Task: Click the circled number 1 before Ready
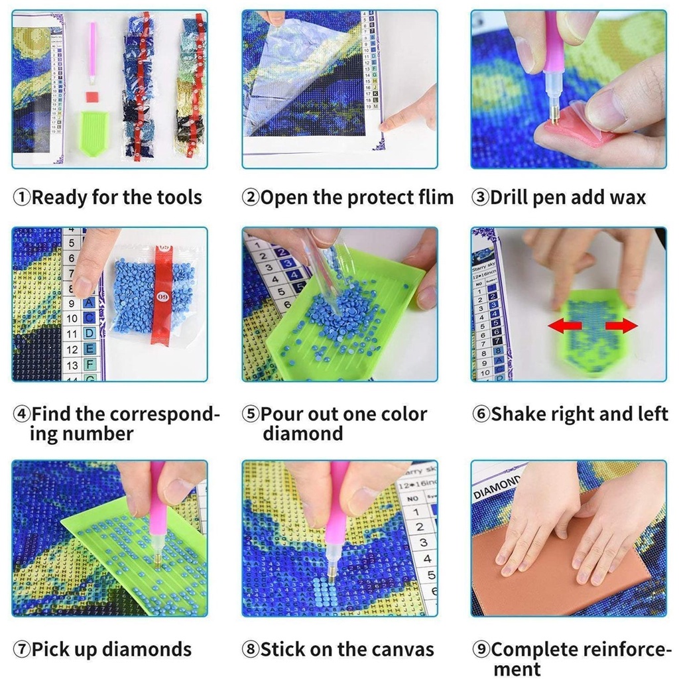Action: tap(22, 198)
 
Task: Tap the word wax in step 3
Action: tap(628, 198)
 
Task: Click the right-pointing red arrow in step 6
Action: tap(621, 326)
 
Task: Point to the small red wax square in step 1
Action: tap(91, 97)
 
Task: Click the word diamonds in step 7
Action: tap(147, 649)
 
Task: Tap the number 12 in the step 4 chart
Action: tap(72, 349)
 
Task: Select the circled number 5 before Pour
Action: tap(250, 414)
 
